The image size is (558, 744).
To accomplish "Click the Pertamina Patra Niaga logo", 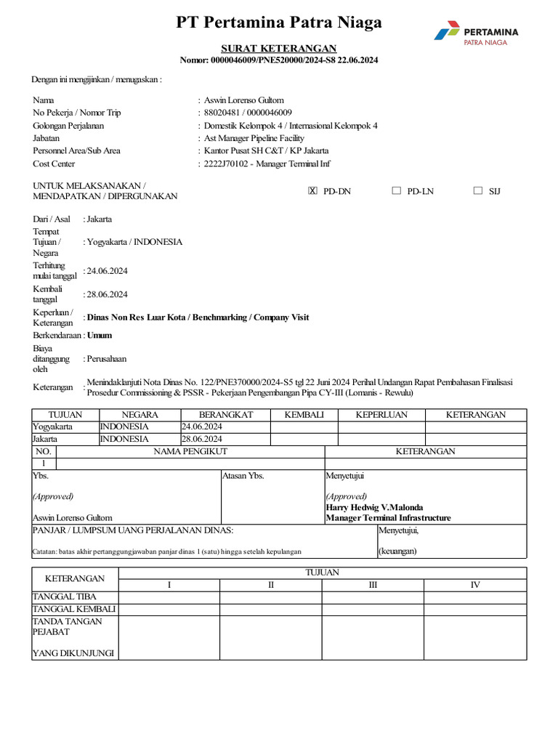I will click(x=476, y=35).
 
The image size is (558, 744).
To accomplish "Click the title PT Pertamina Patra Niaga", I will click(x=279, y=23).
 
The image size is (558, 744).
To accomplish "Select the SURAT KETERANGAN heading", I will click(x=279, y=48).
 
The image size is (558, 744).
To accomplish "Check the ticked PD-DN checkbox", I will click(x=313, y=191).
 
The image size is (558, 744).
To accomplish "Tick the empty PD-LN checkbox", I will click(x=396, y=191).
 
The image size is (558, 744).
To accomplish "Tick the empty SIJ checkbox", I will click(x=477, y=191).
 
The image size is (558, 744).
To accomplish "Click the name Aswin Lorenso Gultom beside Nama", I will click(x=244, y=100).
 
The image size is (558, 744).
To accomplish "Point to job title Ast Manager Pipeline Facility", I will click(x=254, y=138).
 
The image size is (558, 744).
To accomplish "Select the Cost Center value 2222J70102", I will click(x=227, y=164).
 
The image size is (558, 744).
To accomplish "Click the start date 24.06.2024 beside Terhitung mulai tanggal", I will click(x=108, y=271).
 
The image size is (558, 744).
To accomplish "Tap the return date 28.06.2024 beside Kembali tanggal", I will click(x=108, y=294).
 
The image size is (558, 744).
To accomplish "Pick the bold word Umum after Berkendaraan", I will click(x=100, y=336).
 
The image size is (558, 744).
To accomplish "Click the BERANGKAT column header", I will click(x=225, y=415).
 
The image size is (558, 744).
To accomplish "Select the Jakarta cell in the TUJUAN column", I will click(x=44, y=439).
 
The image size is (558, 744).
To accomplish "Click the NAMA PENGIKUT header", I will click(x=190, y=451).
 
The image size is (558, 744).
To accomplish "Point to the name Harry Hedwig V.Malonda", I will click(x=374, y=507).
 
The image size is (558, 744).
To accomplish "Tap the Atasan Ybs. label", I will click(x=243, y=476).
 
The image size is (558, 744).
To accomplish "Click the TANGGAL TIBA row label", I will click(x=65, y=597).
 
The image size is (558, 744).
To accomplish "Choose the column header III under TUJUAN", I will click(x=373, y=585).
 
